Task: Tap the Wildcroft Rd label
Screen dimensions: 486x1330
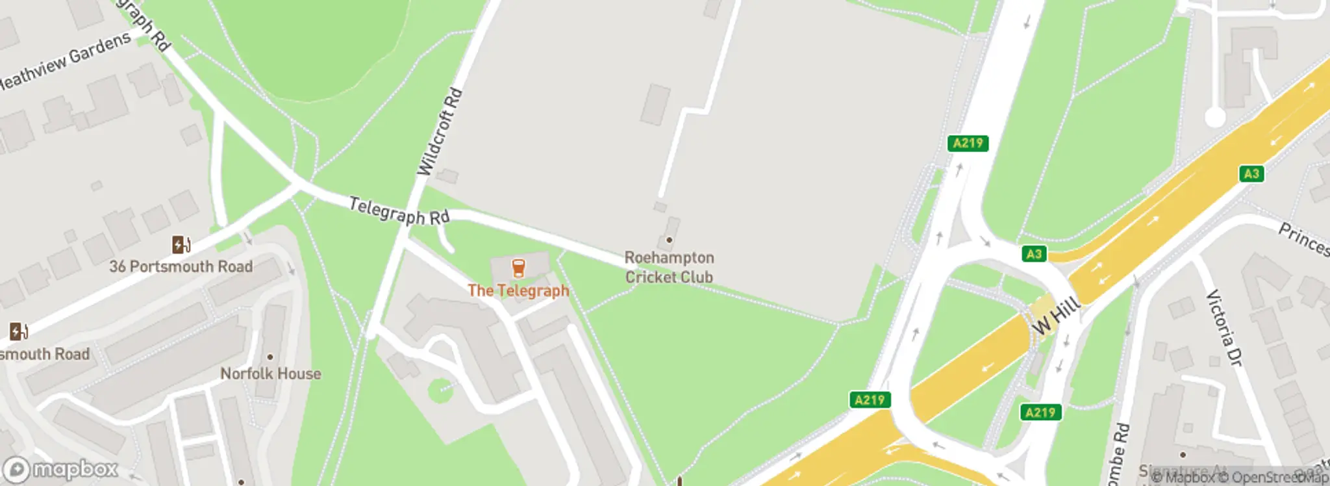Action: pyautogui.click(x=440, y=132)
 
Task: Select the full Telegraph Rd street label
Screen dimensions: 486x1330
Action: pyautogui.click(x=399, y=211)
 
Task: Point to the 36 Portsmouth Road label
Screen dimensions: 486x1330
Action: pyautogui.click(x=181, y=266)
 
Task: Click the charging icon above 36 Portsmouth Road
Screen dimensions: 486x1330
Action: pyautogui.click(x=181, y=245)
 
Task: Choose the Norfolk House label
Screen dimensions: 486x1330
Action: pyautogui.click(x=270, y=374)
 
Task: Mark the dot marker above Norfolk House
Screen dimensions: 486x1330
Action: pyautogui.click(x=270, y=357)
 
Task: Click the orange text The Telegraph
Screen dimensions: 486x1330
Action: pyautogui.click(x=518, y=290)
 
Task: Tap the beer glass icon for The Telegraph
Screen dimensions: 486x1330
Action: pyautogui.click(x=518, y=268)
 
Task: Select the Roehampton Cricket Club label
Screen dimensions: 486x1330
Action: pyautogui.click(x=670, y=267)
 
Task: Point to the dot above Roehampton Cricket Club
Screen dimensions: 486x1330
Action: pyautogui.click(x=670, y=240)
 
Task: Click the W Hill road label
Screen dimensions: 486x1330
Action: pyautogui.click(x=1056, y=316)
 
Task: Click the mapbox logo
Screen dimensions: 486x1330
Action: pyautogui.click(x=61, y=469)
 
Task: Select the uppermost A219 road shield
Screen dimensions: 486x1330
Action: pyautogui.click(x=968, y=143)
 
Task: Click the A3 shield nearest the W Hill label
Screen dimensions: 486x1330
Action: pyautogui.click(x=1034, y=254)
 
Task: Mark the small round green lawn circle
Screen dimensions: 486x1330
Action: pyautogui.click(x=440, y=391)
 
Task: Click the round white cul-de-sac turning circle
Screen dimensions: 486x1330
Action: pyautogui.click(x=1215, y=118)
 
